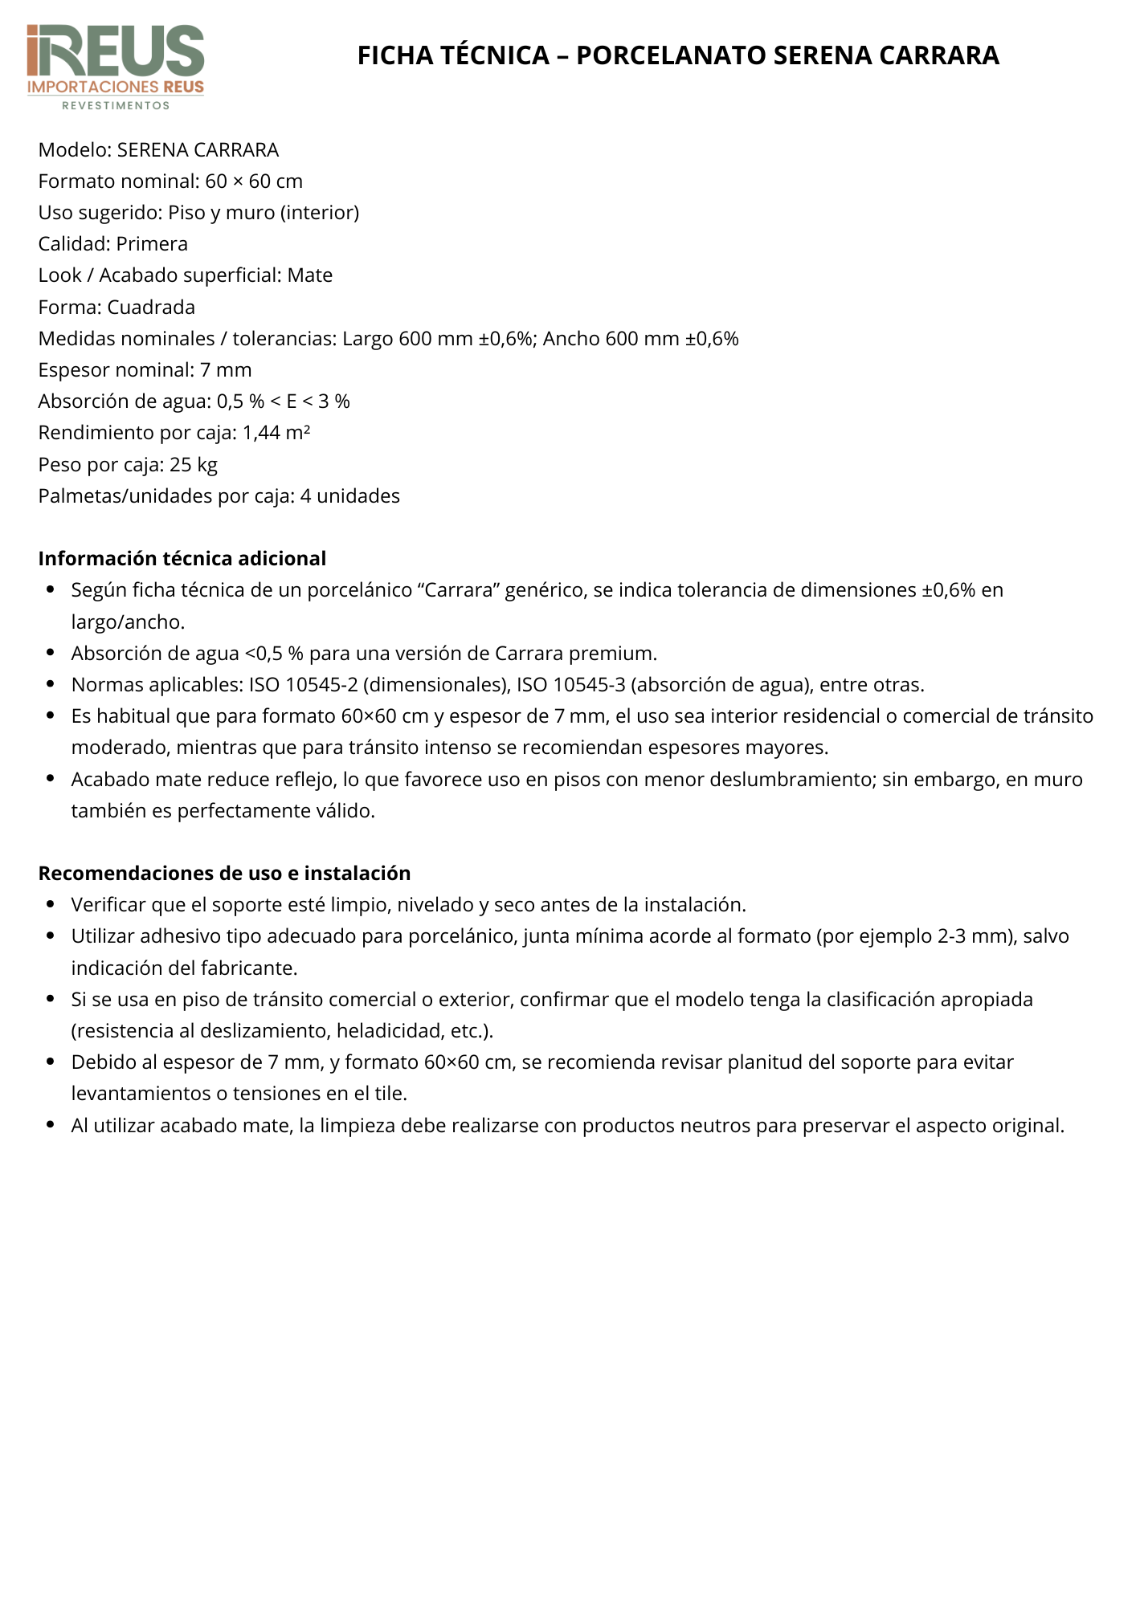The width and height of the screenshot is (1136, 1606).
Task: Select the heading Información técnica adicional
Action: click(x=182, y=558)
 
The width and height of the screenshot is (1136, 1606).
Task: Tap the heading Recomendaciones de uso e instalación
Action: click(x=224, y=873)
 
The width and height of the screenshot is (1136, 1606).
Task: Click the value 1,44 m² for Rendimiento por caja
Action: click(x=276, y=433)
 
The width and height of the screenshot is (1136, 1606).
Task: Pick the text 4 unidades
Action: click(x=350, y=495)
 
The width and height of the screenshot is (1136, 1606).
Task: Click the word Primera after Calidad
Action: click(x=152, y=244)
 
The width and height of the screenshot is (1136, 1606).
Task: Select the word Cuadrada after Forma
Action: click(x=151, y=307)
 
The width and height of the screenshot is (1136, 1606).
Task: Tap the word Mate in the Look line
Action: click(x=310, y=275)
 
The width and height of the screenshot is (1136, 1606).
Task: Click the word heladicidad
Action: click(x=388, y=1030)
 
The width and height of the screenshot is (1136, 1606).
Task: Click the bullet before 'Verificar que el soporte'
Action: click(x=51, y=905)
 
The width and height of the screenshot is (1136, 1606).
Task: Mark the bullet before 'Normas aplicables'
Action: click(x=51, y=685)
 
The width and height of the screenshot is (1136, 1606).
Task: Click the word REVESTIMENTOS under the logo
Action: click(x=116, y=105)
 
